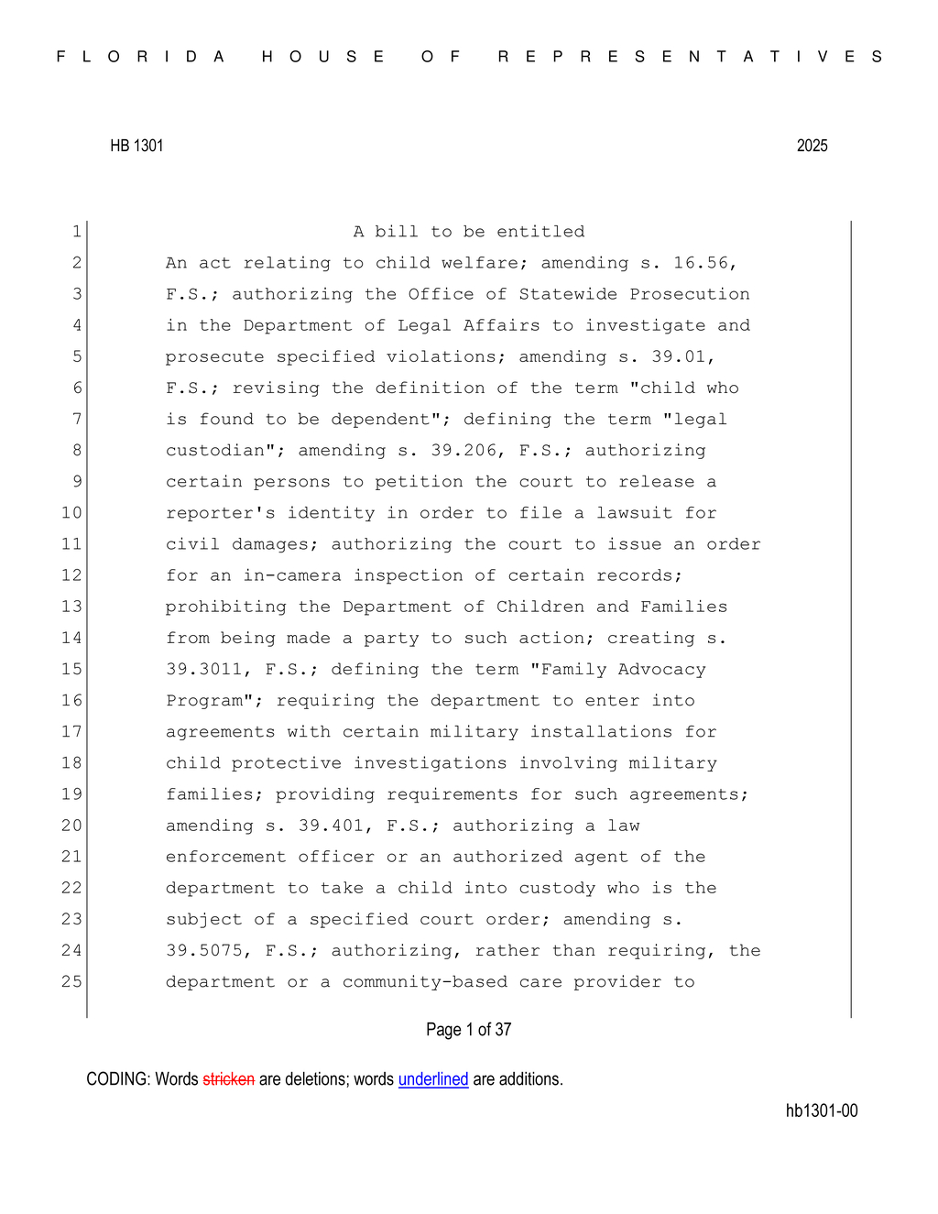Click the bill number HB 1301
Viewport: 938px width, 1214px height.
(136, 146)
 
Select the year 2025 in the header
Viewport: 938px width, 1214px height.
(812, 146)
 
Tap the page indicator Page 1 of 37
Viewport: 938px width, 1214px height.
(468, 1030)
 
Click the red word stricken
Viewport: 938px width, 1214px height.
(228, 1079)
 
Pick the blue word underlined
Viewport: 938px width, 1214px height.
(433, 1079)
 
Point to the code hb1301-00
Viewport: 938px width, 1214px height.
(821, 1110)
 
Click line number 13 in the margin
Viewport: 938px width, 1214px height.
(71, 607)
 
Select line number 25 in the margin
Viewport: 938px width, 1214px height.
(71, 981)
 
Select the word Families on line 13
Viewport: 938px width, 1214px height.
(683, 607)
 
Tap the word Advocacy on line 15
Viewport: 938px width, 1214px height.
(661, 669)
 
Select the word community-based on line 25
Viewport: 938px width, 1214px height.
(425, 981)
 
